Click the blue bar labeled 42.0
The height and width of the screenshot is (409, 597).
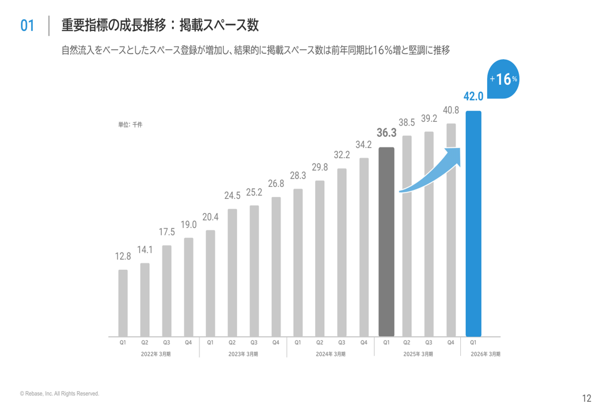coord(473,224)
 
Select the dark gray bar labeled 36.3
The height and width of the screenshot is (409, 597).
coord(386,242)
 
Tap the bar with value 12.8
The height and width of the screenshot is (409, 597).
coord(123,303)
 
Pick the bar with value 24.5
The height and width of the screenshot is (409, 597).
coord(232,273)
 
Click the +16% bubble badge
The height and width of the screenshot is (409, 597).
coord(503,79)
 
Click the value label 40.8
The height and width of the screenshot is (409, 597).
coord(451,110)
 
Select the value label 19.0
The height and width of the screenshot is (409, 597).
coord(189,225)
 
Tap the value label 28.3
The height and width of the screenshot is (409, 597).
coord(298,176)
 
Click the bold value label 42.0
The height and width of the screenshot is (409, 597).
coord(473,97)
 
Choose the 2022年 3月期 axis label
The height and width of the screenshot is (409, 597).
coord(156,354)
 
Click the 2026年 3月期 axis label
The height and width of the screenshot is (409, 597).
coord(486,354)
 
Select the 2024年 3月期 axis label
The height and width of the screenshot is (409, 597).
coord(331,354)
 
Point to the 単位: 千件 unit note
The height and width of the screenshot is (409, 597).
coord(130,125)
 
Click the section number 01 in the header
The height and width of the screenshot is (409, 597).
coord(27,26)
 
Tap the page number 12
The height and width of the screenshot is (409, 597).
coord(586,398)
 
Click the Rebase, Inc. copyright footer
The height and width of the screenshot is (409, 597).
coord(59,393)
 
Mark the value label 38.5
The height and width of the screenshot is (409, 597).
coord(407,122)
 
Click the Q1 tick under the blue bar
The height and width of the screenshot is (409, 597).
coord(473,343)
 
